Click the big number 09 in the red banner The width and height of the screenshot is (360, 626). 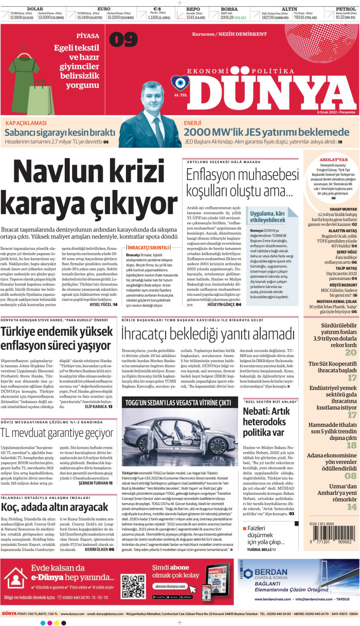point(123,40)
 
